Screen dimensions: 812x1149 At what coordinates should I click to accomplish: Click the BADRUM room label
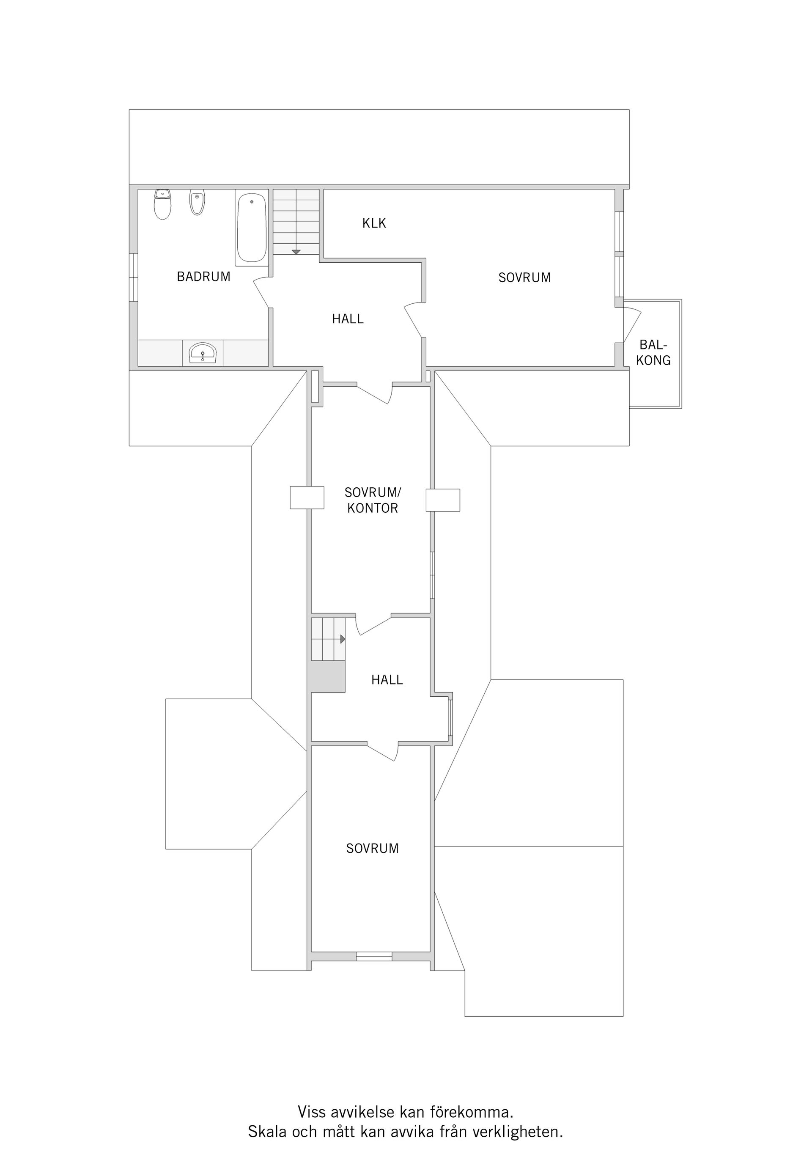203,276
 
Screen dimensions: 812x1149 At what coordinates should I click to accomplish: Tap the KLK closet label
374,223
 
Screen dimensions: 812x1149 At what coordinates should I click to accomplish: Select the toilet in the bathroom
162,204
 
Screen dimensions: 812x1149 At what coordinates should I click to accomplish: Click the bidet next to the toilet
197,202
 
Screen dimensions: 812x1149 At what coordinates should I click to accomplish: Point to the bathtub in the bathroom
251,228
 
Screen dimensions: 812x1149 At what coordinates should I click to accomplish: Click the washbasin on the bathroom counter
203,353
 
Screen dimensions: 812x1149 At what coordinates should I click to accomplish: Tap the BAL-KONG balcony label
653,352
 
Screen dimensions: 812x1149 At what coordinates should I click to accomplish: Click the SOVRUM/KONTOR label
373,500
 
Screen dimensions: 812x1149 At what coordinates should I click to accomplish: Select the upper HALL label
348,319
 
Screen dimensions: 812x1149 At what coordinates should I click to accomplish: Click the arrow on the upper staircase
296,251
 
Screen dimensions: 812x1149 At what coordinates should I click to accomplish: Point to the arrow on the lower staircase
343,639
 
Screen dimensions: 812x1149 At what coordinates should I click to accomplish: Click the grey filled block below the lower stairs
328,676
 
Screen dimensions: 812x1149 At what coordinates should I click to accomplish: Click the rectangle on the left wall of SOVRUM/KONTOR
307,498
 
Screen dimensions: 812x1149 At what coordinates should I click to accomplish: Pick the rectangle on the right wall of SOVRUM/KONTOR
443,500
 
